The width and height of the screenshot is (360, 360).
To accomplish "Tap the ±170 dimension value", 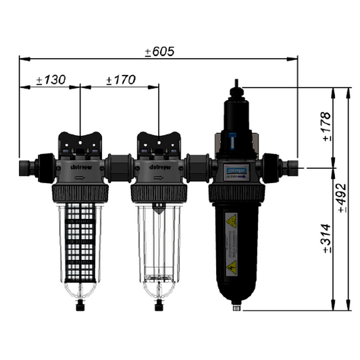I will coord(122,80).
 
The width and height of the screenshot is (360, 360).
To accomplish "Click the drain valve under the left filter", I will coord(80,305).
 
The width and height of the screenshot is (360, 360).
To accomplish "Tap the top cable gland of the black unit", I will coord(236,88).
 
